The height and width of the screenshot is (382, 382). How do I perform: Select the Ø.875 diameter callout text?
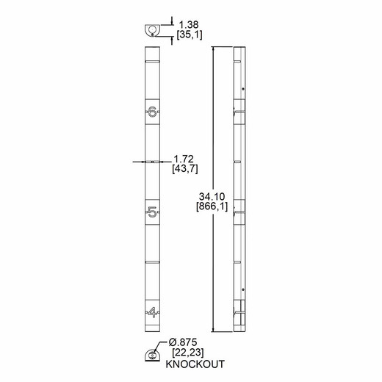click(x=183, y=343)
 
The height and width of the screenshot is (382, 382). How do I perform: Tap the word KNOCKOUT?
click(x=195, y=364)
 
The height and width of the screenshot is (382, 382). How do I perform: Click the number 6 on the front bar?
click(x=152, y=112)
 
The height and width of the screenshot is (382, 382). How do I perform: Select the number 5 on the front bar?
click(x=152, y=213)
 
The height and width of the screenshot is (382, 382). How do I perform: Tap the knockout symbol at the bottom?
click(x=151, y=354)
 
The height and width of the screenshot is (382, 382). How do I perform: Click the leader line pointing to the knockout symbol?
click(x=162, y=347)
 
